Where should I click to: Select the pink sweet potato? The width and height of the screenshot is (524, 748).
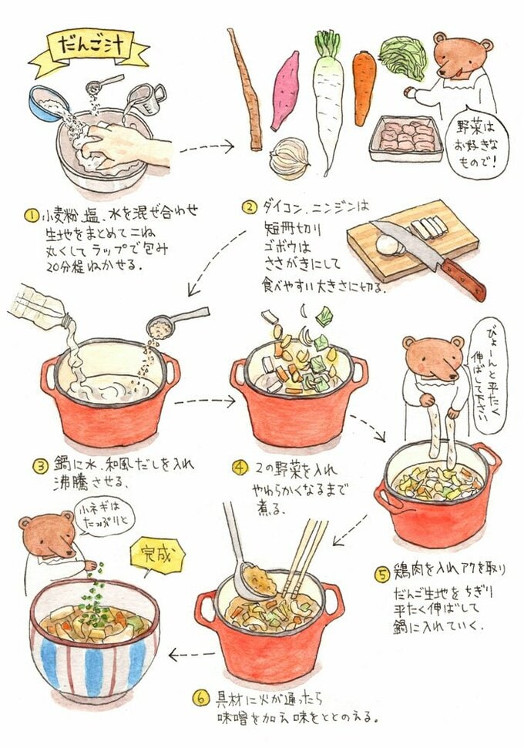point(284,90)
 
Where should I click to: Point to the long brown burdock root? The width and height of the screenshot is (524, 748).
point(245,89)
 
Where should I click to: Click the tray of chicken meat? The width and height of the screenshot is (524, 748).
point(405,139)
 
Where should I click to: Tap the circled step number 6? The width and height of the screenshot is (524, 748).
point(200,699)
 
